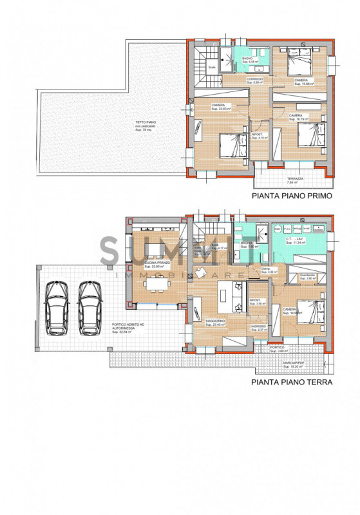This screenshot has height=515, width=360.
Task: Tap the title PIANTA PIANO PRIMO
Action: point(292,198)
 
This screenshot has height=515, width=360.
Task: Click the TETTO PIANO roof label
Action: point(146,125)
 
